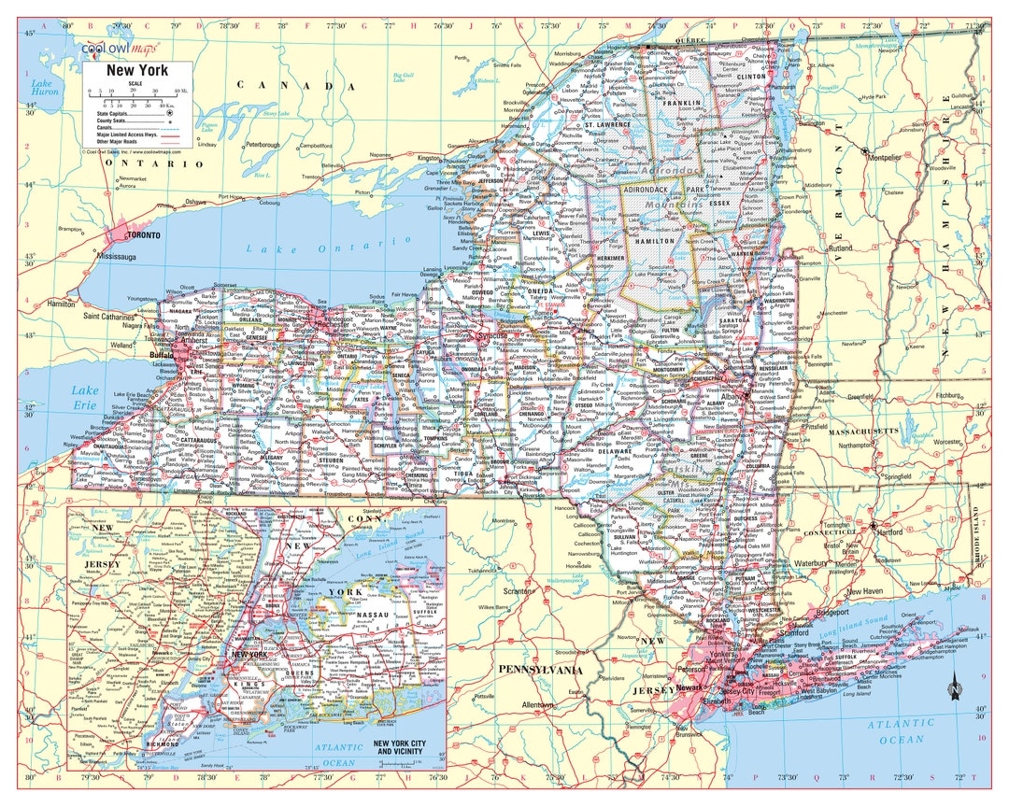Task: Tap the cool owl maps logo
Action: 120,47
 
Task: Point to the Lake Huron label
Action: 44,87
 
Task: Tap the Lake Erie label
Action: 86,396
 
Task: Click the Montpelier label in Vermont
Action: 884,157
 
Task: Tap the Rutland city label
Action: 839,248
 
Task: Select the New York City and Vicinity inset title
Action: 405,748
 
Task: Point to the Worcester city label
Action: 945,440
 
